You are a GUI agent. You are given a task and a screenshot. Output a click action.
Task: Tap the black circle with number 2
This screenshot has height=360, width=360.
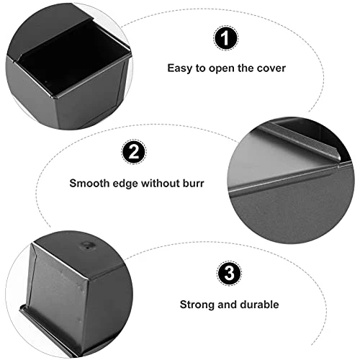[x=132, y=152]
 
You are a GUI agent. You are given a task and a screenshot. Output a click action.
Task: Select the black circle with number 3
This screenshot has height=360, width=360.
[x=227, y=274]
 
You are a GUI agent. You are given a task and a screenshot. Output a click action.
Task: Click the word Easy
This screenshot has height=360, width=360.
[x=180, y=68]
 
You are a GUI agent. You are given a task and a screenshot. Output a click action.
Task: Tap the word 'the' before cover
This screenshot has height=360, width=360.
[x=246, y=68]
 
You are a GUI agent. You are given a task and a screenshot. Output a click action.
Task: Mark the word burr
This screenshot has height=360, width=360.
[x=195, y=183]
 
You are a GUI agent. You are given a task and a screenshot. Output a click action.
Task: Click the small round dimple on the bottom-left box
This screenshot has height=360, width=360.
[x=88, y=247]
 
